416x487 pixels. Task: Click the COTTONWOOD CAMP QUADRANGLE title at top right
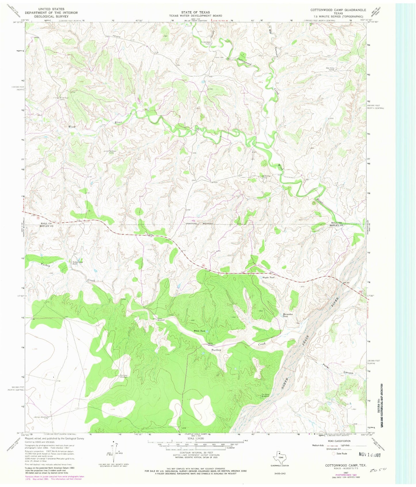tap(338, 10)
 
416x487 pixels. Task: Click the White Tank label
tap(200, 331)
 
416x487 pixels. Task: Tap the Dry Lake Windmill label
tap(124, 376)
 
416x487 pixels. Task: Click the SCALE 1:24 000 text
tap(195, 438)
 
